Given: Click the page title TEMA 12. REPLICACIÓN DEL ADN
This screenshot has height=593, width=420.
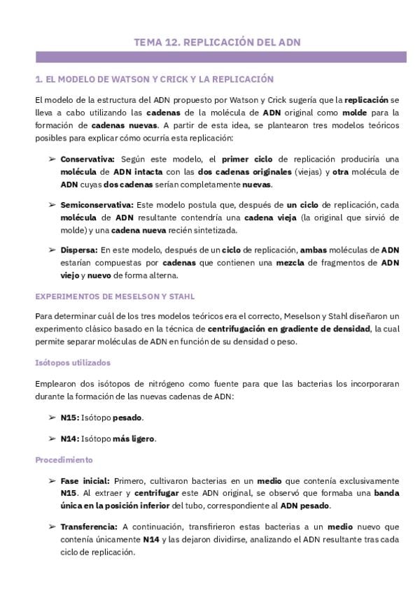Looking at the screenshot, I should pos(217,43).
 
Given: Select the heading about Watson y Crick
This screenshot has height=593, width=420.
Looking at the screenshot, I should pos(154,80).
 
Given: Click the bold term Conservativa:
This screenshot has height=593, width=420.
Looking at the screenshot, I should pos(88,159).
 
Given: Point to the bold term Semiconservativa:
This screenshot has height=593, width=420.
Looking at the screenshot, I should pos(97,205).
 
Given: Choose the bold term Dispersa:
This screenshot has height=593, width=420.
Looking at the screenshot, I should pos(79,250).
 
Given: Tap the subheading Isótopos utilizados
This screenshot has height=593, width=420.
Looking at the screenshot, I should pos(72,362).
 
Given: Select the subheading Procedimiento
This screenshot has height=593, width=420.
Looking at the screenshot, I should pos(64,460).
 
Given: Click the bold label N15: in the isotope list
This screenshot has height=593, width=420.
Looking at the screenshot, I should pos(69,417).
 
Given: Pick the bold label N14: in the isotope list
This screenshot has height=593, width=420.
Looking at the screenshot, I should pos(69,438).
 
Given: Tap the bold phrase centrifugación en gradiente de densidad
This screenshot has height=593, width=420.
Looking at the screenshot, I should pos(289,329).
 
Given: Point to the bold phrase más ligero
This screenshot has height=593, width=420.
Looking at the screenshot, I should pos(134,438).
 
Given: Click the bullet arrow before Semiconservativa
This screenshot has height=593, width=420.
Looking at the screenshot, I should pos(52,205).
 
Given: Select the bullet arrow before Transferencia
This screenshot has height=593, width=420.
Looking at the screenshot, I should pos(52,526).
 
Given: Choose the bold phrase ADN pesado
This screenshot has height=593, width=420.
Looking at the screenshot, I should pos(305,506).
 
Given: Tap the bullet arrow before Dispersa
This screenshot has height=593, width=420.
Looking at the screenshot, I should pos(52,250).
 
